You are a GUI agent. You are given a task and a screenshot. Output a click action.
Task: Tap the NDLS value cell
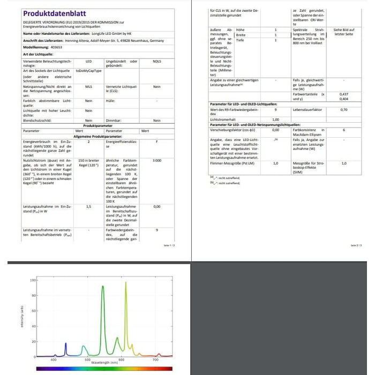pyautogui.click(x=156, y=62)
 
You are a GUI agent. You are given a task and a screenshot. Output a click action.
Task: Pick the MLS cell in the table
pyautogui.click(x=88, y=86)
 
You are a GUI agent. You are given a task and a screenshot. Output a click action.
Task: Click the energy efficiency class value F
pyautogui.click(x=156, y=142)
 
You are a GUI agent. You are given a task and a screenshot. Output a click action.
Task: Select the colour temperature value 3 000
pyautogui.click(x=156, y=160)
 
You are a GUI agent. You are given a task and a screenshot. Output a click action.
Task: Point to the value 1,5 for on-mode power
pyautogui.click(x=88, y=206)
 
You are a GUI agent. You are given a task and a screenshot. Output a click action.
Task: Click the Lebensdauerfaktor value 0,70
pyautogui.click(x=343, y=109)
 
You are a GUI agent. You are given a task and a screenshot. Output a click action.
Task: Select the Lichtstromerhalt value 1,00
pyautogui.click(x=276, y=119)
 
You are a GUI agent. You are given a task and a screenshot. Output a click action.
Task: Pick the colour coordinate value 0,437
pyautogui.click(x=343, y=94)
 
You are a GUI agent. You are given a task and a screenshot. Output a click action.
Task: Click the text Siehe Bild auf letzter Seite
pyautogui.click(x=343, y=32)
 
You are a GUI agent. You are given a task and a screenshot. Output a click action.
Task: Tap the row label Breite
pyautogui.click(x=241, y=35)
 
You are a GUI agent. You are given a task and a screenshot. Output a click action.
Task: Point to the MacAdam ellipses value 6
pyautogui.click(x=343, y=130)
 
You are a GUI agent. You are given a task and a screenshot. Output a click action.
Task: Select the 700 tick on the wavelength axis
pyautogui.click(x=155, y=360)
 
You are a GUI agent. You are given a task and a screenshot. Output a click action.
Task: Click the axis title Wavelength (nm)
pyautogui.click(x=104, y=363)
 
